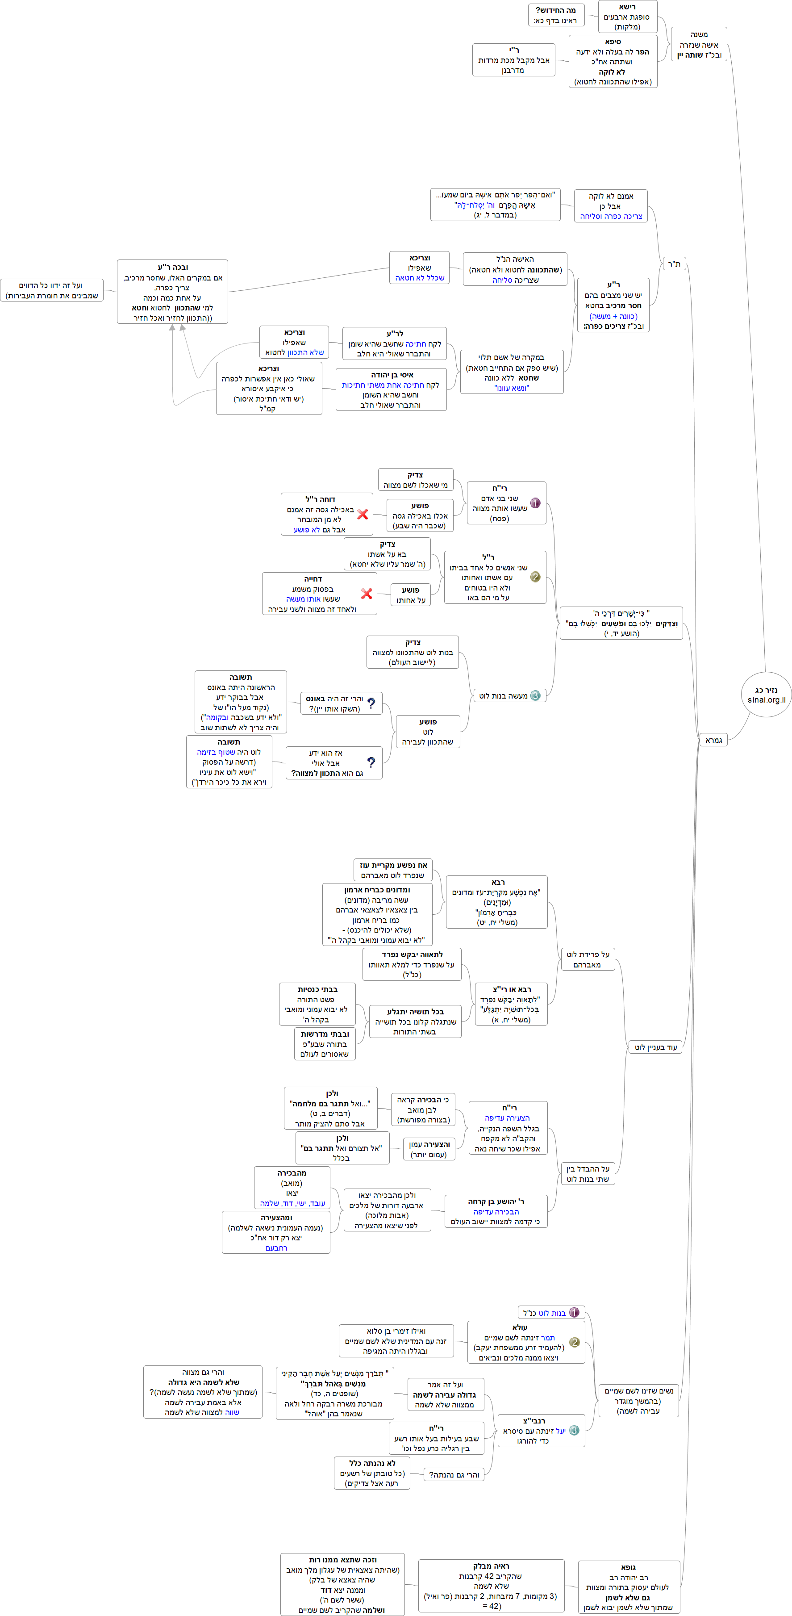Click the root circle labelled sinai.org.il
(766, 695)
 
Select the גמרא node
(713, 740)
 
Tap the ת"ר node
(674, 264)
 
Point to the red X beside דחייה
(367, 594)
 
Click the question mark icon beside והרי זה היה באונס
(371, 703)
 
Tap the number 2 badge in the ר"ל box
(535, 577)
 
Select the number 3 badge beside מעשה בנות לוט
(535, 695)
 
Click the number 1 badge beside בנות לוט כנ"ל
(574, 1312)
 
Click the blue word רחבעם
(276, 1248)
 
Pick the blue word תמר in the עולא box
(547, 1337)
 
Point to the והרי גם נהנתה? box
(454, 1474)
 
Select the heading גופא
(628, 1567)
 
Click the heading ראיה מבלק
(491, 1566)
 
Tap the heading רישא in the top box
(627, 7)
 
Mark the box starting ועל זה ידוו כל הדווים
(51, 290)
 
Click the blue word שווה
(232, 1412)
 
